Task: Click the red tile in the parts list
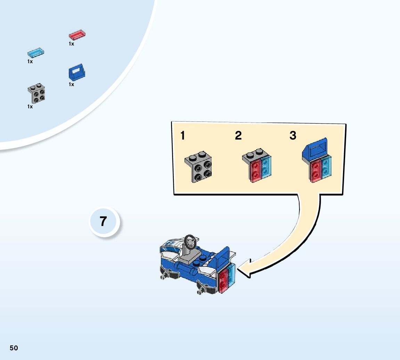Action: tap(77, 35)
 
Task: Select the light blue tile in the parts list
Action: tap(36, 52)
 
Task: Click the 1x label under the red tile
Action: tap(71, 44)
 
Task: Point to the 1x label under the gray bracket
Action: tap(30, 107)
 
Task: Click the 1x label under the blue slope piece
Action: tap(71, 84)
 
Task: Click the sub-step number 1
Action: tap(183, 136)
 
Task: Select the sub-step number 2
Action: tap(238, 136)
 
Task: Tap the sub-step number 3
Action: tap(293, 136)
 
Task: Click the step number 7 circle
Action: tap(104, 221)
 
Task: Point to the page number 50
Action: tap(14, 348)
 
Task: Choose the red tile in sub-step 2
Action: tap(255, 169)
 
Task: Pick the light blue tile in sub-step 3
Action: tap(327, 167)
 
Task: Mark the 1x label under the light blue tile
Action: tap(30, 61)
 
